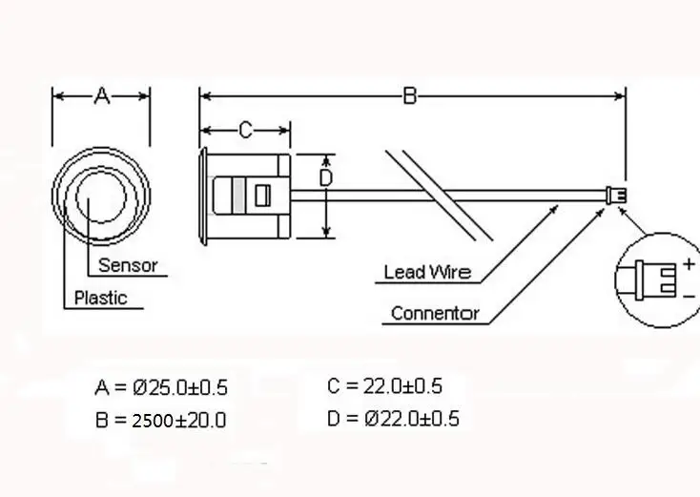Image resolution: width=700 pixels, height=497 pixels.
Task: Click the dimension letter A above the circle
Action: tap(102, 96)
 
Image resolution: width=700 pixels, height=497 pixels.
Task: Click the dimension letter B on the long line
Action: tap(410, 96)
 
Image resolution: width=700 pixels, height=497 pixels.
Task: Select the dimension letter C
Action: tap(245, 130)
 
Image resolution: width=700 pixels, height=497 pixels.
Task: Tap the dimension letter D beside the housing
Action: tap(326, 177)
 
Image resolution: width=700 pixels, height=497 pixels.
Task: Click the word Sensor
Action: tap(128, 265)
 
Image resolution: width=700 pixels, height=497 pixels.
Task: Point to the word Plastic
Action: tap(101, 298)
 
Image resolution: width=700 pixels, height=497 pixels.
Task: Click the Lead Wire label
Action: tap(427, 272)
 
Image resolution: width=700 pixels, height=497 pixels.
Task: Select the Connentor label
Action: tap(435, 313)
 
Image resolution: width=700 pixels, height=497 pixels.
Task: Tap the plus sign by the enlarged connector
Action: tap(689, 264)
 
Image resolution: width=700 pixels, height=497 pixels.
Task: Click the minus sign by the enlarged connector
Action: tap(689, 297)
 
